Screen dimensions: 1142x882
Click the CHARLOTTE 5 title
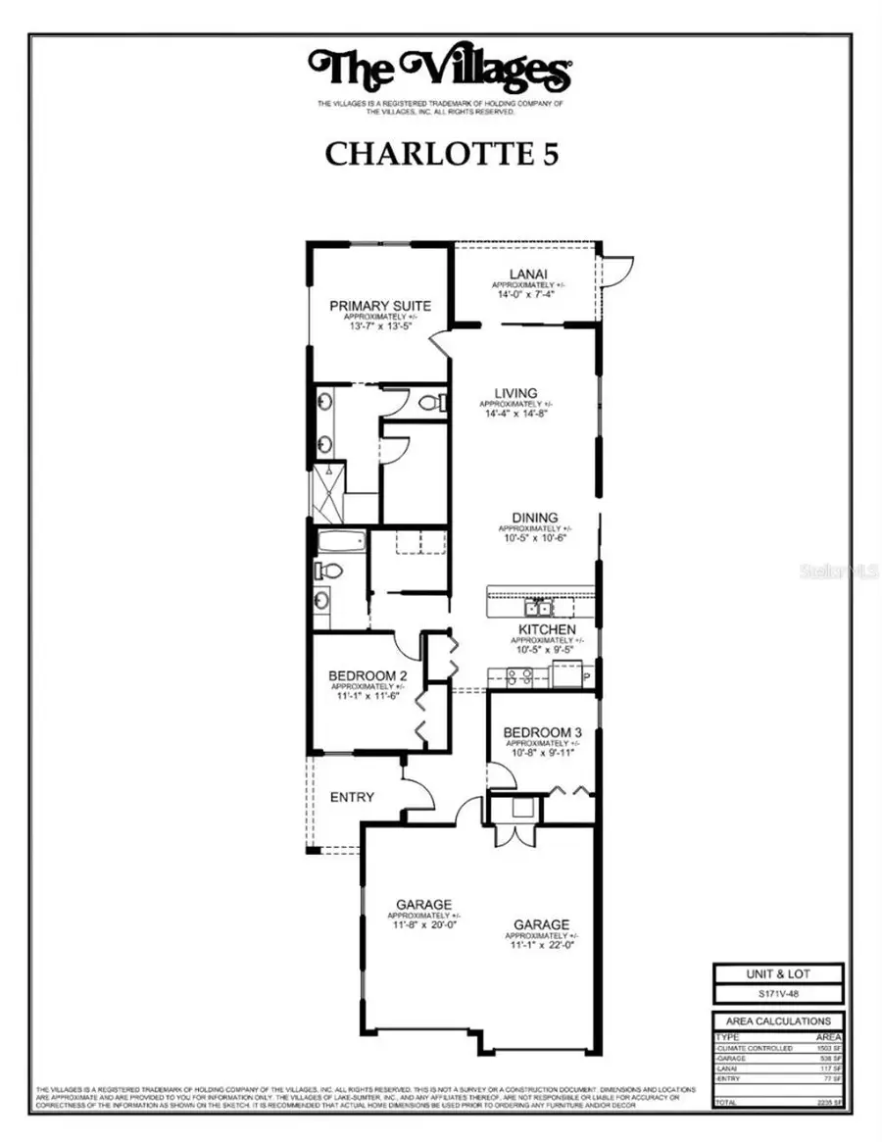[x=441, y=154]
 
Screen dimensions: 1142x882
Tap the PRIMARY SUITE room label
[x=379, y=306]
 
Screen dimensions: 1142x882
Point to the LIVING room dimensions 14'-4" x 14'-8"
[x=515, y=413]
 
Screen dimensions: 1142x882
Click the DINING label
[x=534, y=518]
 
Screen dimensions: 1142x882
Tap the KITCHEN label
[x=547, y=628]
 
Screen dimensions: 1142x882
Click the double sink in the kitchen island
[x=538, y=607]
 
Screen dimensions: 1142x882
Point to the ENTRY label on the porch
[x=351, y=797]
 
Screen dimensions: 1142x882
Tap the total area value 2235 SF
[x=827, y=1102]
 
